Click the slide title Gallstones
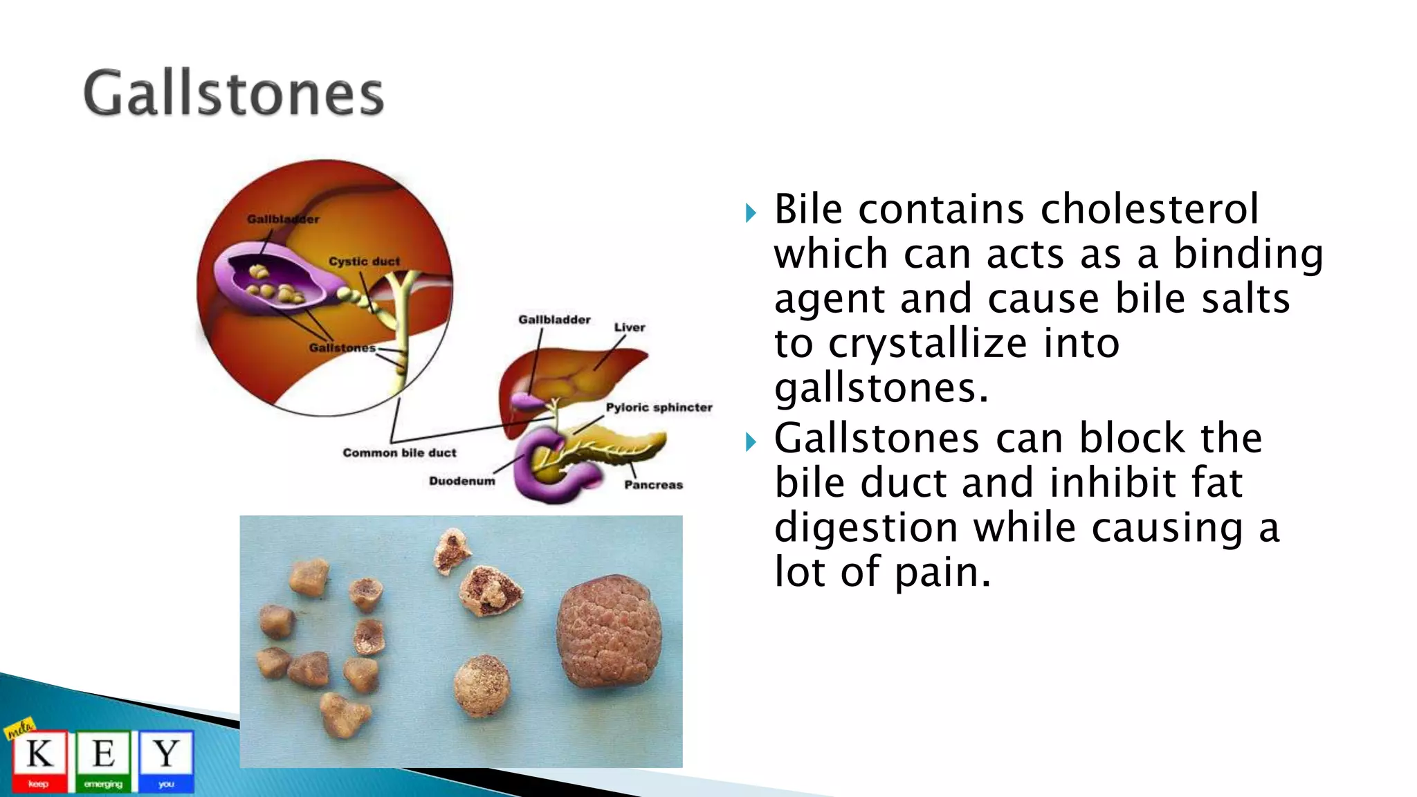pyautogui.click(x=233, y=93)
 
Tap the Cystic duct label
pyautogui.click(x=364, y=262)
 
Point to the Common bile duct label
pyautogui.click(x=399, y=453)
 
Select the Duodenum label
pyautogui.click(x=461, y=482)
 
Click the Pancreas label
pyautogui.click(x=653, y=485)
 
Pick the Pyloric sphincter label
pyautogui.click(x=659, y=407)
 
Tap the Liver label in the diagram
pyautogui.click(x=629, y=327)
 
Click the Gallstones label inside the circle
pyautogui.click(x=342, y=348)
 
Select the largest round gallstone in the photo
pyautogui.click(x=609, y=631)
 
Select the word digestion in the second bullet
pyautogui.click(x=866, y=527)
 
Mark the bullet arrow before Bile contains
pyautogui.click(x=751, y=212)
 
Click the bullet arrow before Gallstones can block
pyautogui.click(x=751, y=441)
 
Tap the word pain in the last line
pyautogui.click(x=942, y=573)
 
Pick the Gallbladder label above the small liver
pyautogui.click(x=554, y=320)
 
